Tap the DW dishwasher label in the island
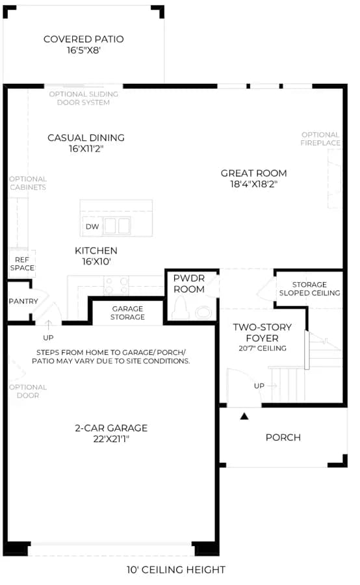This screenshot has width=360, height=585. pyautogui.click(x=92, y=226)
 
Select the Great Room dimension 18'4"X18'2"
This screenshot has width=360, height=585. pyautogui.click(x=253, y=184)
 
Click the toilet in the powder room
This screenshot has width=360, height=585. pyautogui.click(x=181, y=307)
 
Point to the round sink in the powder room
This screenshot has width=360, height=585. pyautogui.click(x=203, y=312)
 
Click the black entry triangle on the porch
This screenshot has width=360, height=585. pyautogui.click(x=244, y=415)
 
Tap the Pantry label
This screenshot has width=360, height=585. pyautogui.click(x=23, y=301)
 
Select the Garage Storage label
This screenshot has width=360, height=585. pyautogui.click(x=127, y=313)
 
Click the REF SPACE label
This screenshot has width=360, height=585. pyautogui.click(x=22, y=264)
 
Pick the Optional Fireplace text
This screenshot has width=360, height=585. pyautogui.click(x=320, y=139)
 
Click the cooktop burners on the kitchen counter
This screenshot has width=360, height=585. pyautogui.click(x=116, y=285)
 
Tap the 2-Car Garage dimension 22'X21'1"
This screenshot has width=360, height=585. pyautogui.click(x=111, y=439)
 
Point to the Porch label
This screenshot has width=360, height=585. pyautogui.click(x=283, y=437)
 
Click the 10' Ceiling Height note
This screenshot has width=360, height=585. pyautogui.click(x=175, y=569)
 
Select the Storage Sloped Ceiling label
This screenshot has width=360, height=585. pyautogui.click(x=309, y=289)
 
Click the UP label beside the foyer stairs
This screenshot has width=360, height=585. pyautogui.click(x=259, y=385)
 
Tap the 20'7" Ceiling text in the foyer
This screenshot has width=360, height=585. pyautogui.click(x=263, y=348)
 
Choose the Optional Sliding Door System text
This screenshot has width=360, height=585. pyautogui.click(x=84, y=98)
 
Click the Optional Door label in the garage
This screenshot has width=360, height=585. pyautogui.click(x=28, y=391)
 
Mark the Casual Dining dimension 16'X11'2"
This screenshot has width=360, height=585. pyautogui.click(x=86, y=148)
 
